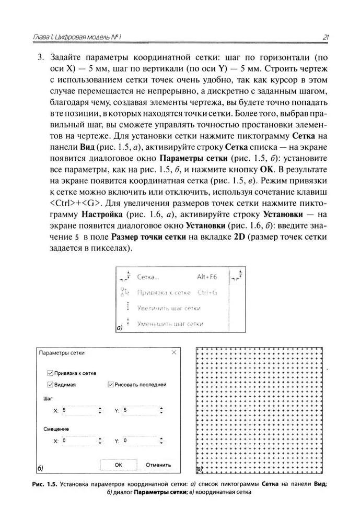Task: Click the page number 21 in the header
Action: pyautogui.click(x=325, y=37)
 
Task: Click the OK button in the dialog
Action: pyautogui.click(x=118, y=464)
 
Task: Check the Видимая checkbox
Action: pyautogui.click(x=51, y=385)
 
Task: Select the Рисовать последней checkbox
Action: pyautogui.click(x=110, y=385)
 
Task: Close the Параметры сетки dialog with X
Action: pyautogui.click(x=174, y=353)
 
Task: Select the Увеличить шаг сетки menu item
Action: pyautogui.click(x=168, y=308)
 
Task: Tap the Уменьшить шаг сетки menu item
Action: pyautogui.click(x=169, y=324)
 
